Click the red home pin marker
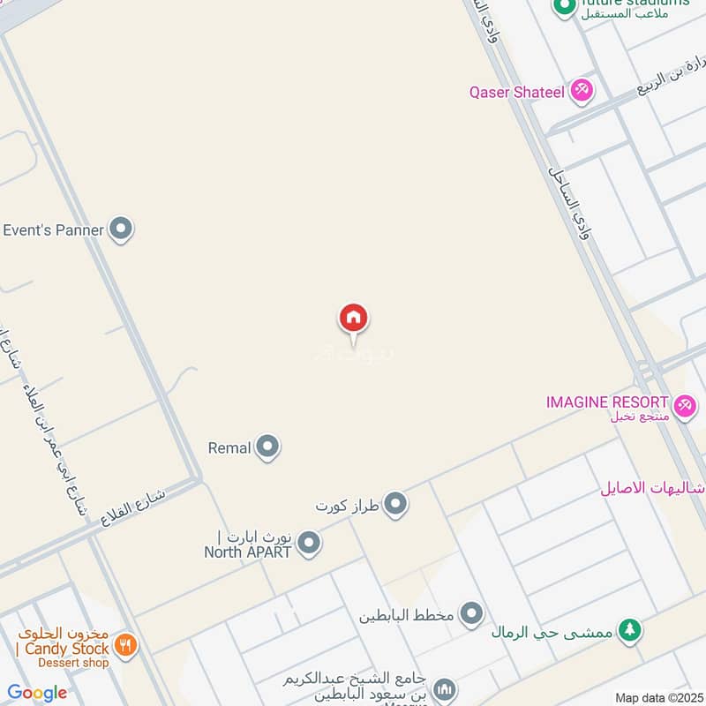(x=353, y=319)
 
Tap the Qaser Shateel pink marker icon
(x=581, y=90)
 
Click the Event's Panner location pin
(x=121, y=229)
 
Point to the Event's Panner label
(x=54, y=230)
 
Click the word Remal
(x=229, y=448)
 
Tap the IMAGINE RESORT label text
(x=607, y=402)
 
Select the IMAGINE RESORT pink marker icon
(x=681, y=402)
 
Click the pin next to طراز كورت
(x=396, y=505)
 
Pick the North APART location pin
(x=308, y=543)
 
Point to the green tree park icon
(x=628, y=629)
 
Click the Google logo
(x=36, y=693)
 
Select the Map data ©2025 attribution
(x=657, y=698)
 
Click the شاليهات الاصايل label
(x=651, y=487)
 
